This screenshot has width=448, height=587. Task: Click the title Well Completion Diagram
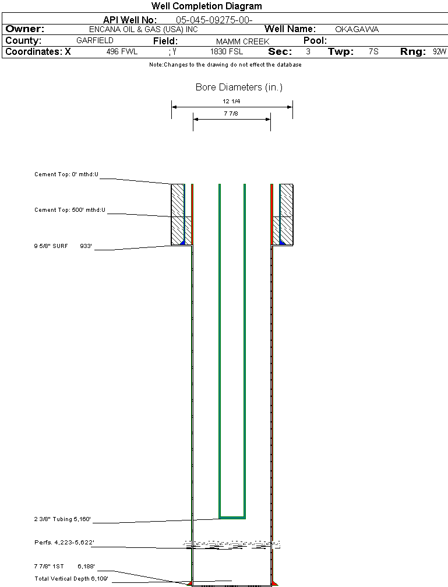point(206,6)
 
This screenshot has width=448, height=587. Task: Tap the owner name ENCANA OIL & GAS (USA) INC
point(143,29)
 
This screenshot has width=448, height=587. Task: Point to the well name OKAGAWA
point(357,29)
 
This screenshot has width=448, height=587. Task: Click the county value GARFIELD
point(95,41)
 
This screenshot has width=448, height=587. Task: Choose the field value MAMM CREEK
point(242,41)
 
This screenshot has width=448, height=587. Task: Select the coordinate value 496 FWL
point(122,52)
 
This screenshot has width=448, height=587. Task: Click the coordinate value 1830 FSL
point(227,52)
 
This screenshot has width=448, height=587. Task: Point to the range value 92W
point(439,52)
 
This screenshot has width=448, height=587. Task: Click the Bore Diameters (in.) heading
point(239,88)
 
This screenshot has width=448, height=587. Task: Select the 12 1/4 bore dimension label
point(231,102)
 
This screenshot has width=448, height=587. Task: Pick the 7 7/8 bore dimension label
point(231,114)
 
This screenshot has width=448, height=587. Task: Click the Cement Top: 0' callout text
point(66,174)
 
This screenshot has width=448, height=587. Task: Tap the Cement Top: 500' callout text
point(70,210)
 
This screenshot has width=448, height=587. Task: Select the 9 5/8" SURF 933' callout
point(63,246)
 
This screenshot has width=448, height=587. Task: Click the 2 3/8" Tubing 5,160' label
point(62,519)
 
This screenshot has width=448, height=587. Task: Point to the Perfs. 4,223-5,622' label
point(64,543)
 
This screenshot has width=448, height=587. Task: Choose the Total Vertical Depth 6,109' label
point(71,578)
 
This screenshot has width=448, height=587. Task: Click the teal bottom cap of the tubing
point(232,518)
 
